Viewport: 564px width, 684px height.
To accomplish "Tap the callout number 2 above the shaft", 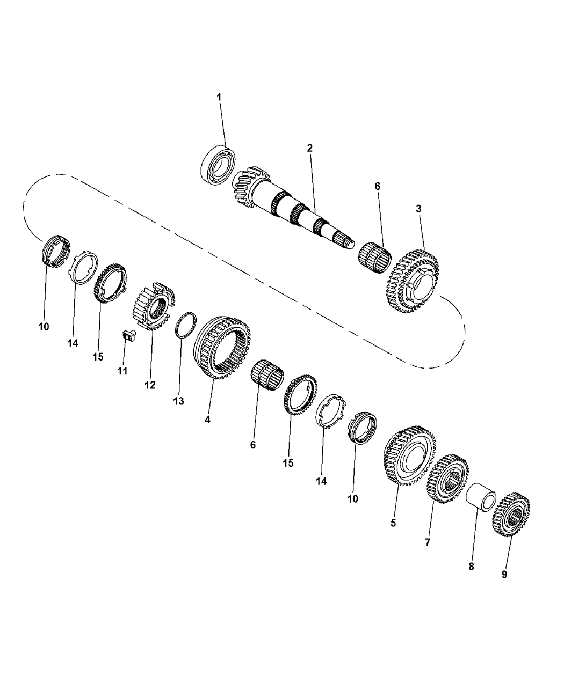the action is (310, 148).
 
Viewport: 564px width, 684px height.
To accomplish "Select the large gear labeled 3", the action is (413, 281).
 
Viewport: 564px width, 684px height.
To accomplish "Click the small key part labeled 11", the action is (129, 335).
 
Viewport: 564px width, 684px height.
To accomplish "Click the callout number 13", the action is (178, 401).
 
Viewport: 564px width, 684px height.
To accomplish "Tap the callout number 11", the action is (122, 371).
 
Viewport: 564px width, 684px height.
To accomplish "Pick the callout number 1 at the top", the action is (219, 97).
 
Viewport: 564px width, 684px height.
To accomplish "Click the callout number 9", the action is (504, 574).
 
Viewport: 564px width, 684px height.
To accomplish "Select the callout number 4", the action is (207, 420).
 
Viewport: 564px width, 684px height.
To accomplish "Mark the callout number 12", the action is (150, 385).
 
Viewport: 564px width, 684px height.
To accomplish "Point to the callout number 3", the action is (418, 209).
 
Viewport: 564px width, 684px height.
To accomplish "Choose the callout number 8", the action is (471, 567).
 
